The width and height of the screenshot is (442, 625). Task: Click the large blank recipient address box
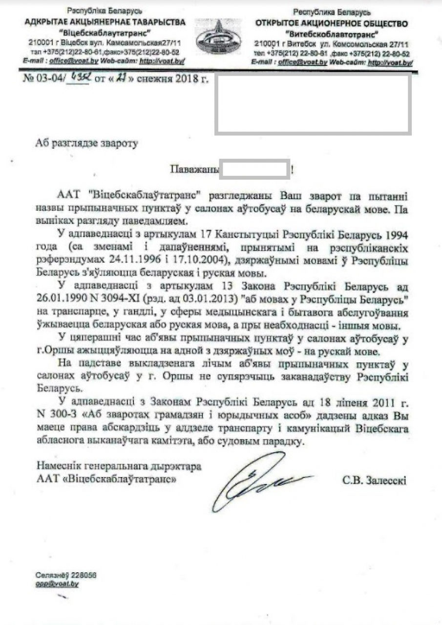pyautogui.click(x=313, y=104)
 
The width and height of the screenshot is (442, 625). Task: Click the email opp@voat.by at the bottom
pyautogui.click(x=57, y=584)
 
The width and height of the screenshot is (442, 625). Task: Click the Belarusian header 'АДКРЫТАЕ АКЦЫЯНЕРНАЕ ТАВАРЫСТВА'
pyautogui.click(x=105, y=22)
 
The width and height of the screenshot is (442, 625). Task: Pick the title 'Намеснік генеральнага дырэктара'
pyautogui.click(x=119, y=467)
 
